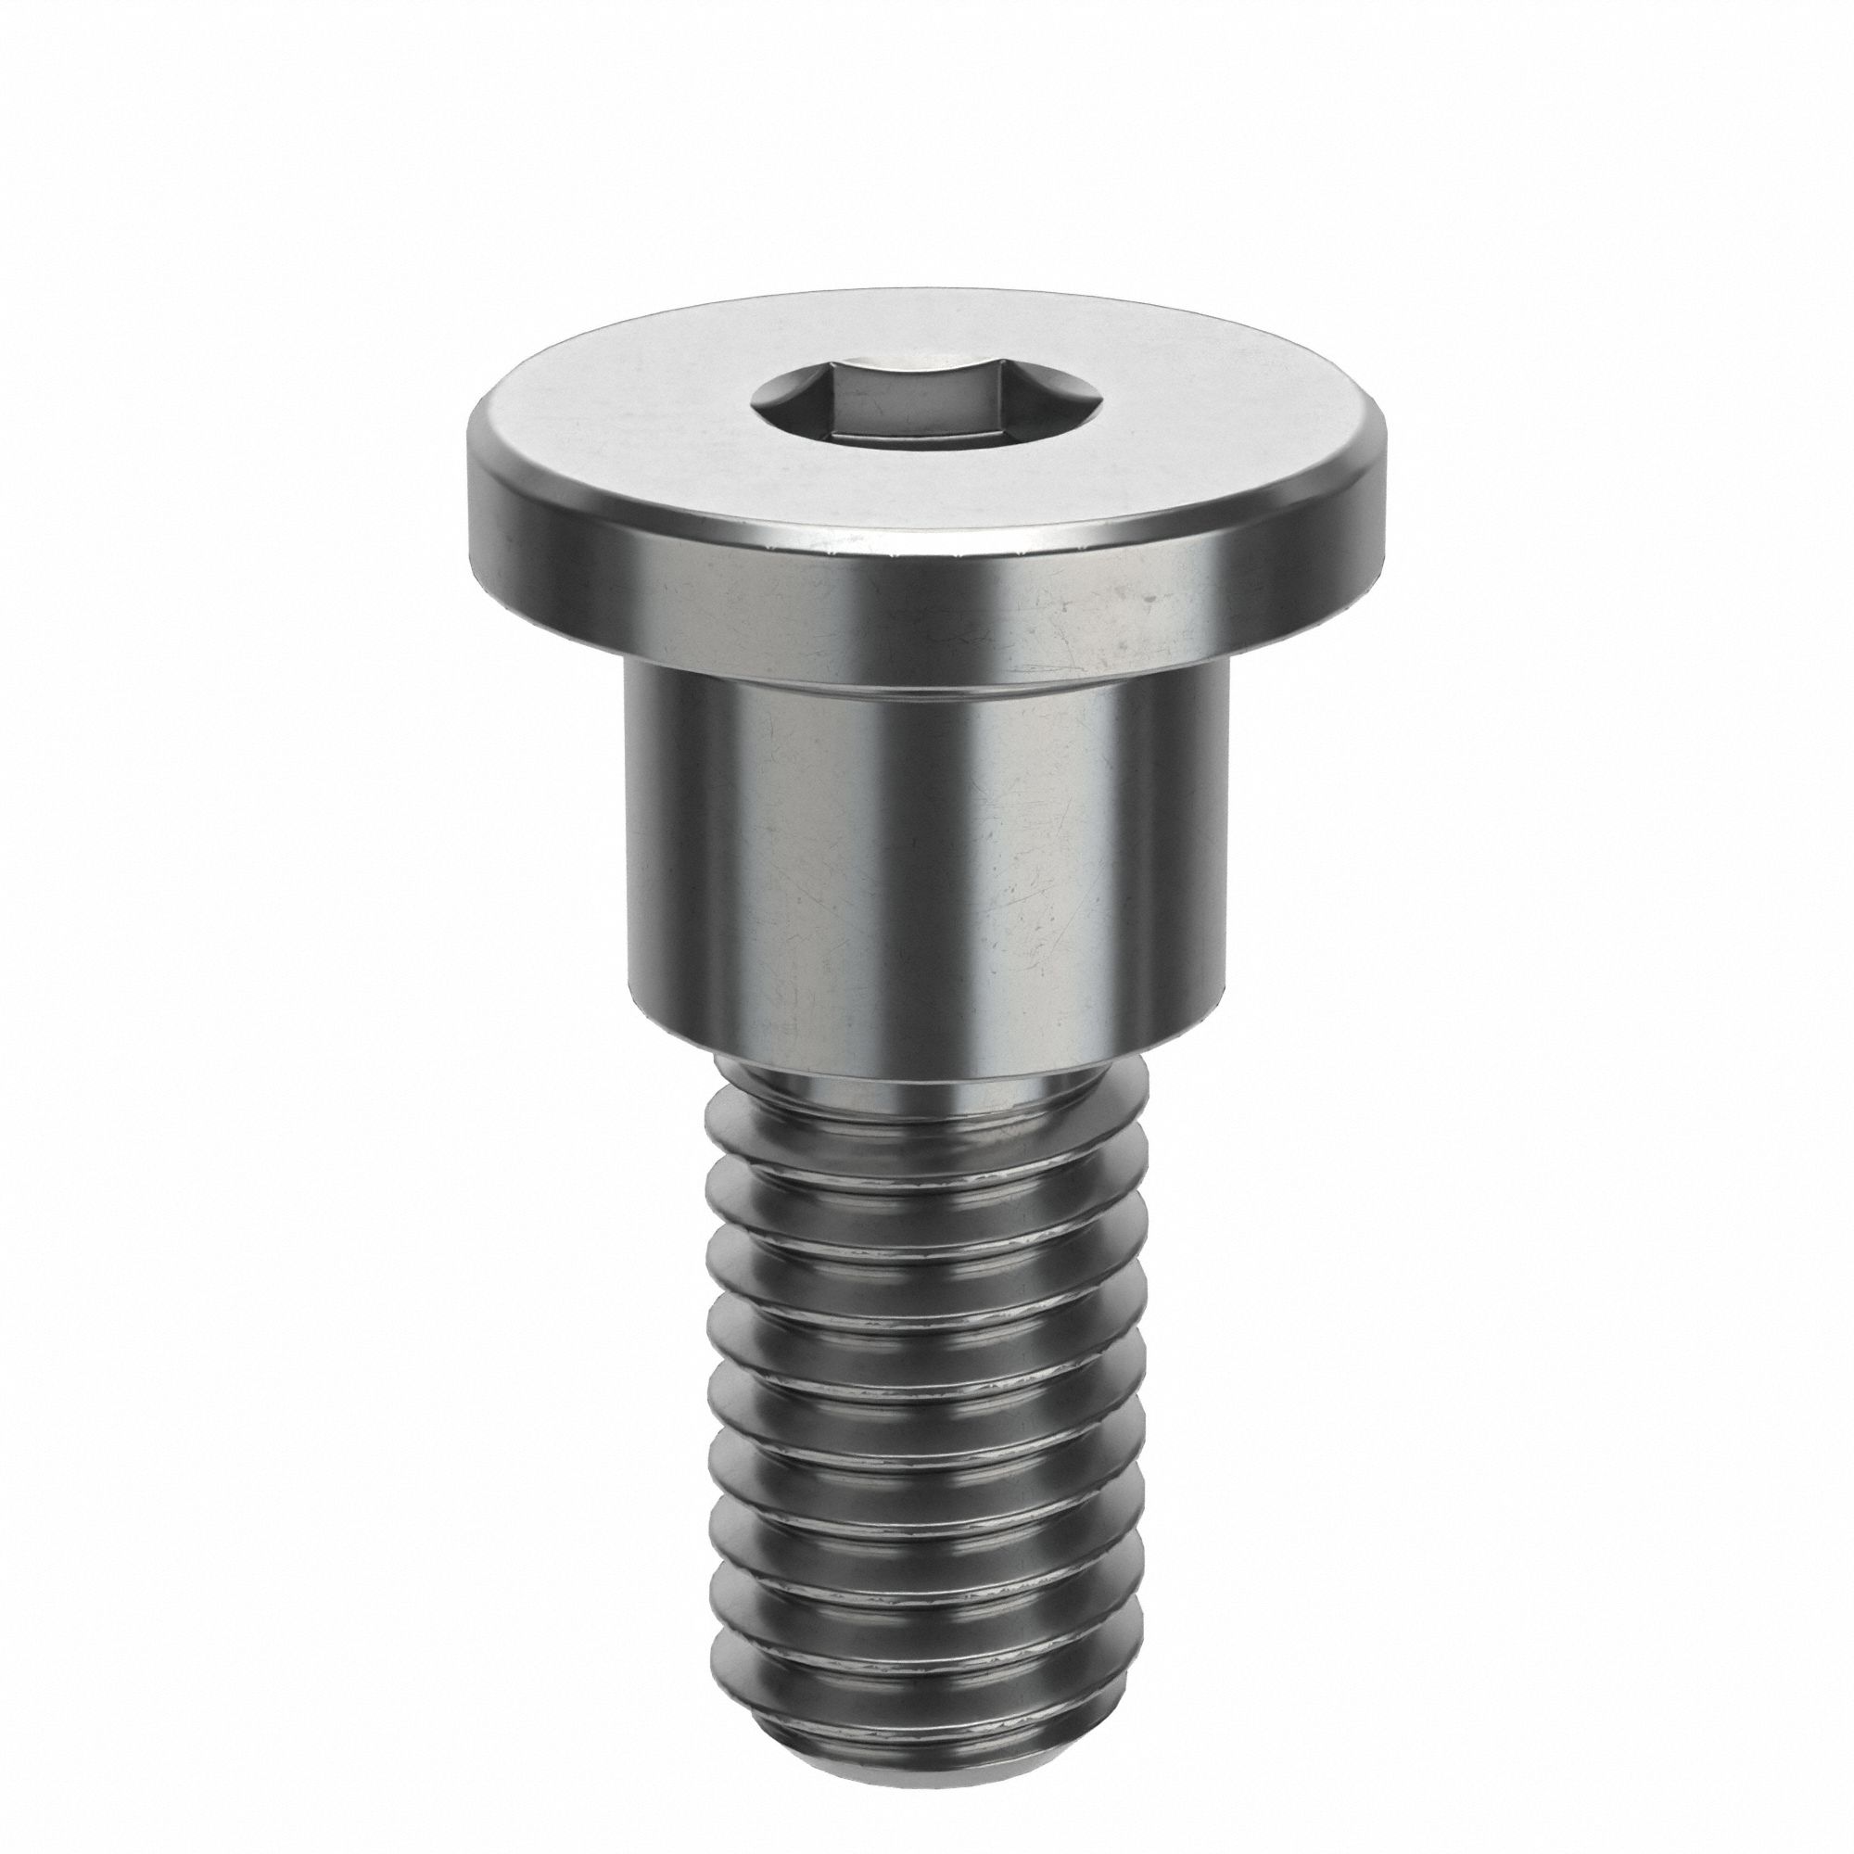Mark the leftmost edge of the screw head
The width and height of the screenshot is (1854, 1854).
tap(468, 499)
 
